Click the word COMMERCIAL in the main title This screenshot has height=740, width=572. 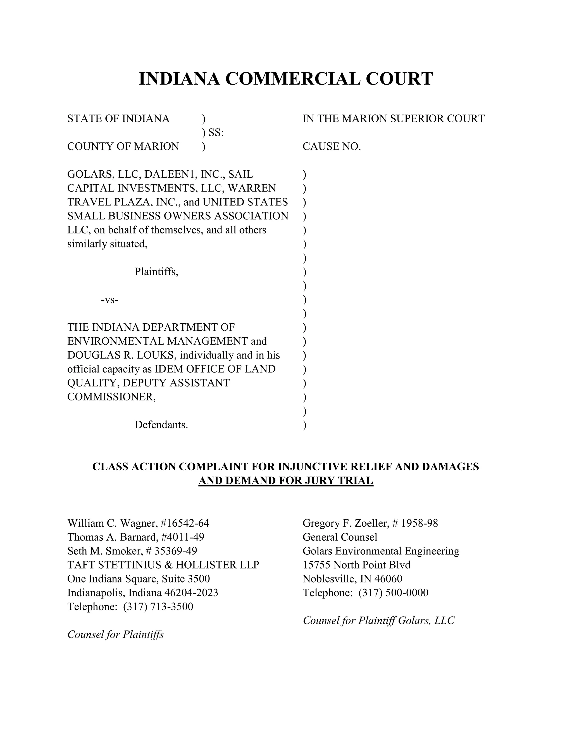pos(292,79)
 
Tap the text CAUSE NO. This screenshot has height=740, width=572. pos(332,146)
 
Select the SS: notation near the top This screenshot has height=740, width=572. pos(216,132)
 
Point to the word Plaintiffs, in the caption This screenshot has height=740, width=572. pos(156,272)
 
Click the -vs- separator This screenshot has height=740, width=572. pos(110,300)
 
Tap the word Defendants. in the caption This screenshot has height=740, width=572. pos(161,424)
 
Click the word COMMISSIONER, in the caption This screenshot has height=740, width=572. pos(111,397)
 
